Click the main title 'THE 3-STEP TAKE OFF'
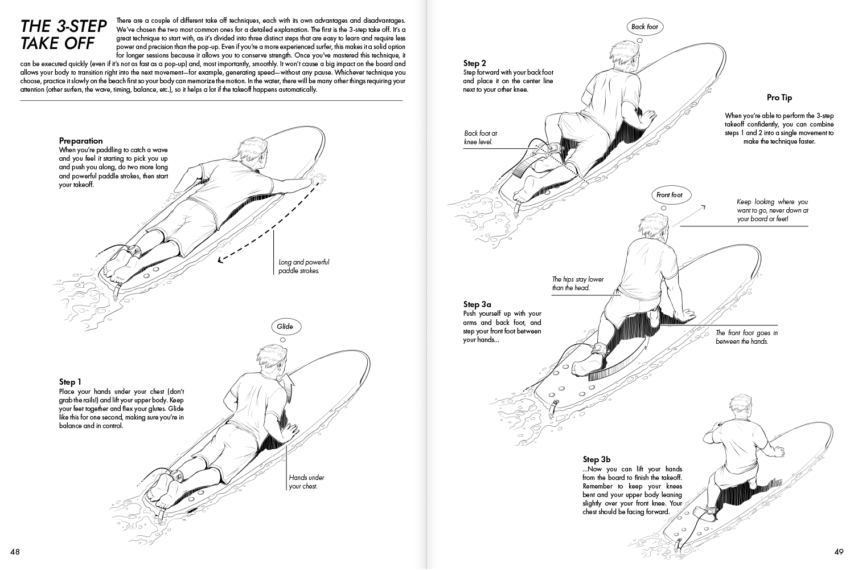pos(63,34)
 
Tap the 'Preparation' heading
pos(81,141)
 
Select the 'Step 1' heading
pos(70,382)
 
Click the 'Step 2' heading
pos(475,63)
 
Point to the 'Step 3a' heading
pos(477,304)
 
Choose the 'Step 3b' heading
pos(597,459)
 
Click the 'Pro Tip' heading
pos(779,98)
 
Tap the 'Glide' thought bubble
pos(285,327)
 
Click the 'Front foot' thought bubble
pos(669,195)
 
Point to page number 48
pos(15,552)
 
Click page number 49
pos(838,552)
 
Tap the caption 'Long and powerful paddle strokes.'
pos(303,266)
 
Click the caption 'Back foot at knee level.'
pos(481,137)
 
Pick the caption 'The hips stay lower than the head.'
pos(577,283)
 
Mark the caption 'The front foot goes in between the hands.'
pos(746,337)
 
